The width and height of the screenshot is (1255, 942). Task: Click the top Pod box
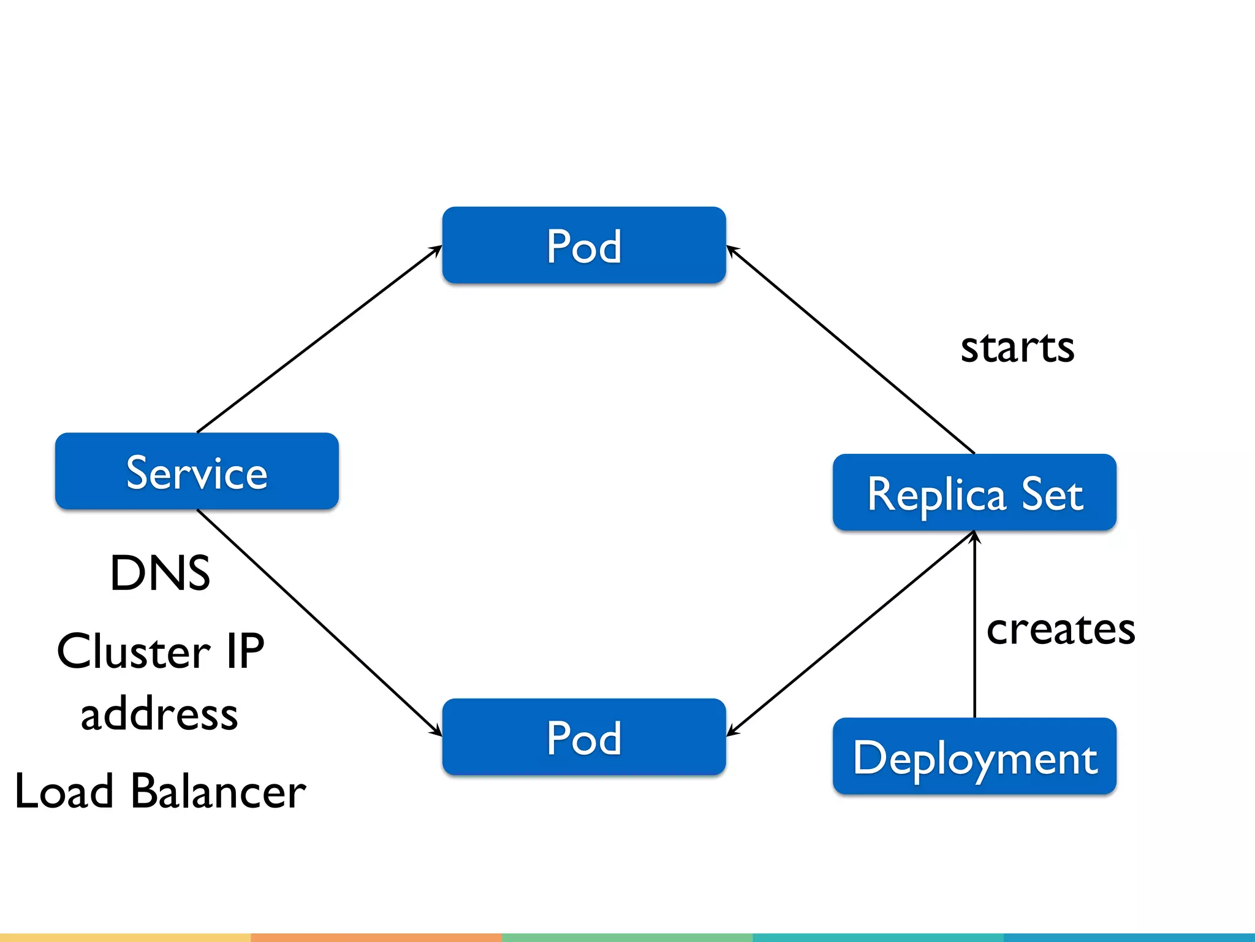(x=584, y=245)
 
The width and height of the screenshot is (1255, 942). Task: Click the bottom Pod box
(x=584, y=737)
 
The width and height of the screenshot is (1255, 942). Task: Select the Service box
(x=197, y=471)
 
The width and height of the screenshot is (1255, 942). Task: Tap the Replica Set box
(x=974, y=492)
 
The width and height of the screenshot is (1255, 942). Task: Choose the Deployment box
(x=974, y=756)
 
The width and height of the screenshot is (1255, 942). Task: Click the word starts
(x=1017, y=347)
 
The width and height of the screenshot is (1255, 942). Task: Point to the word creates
(x=1061, y=629)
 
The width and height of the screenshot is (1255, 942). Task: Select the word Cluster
(x=134, y=651)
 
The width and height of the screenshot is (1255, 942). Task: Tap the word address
(x=159, y=715)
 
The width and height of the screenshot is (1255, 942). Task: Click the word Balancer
(x=218, y=791)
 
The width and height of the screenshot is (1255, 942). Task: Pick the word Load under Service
(x=64, y=791)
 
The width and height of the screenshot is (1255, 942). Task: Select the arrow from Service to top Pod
(x=319, y=339)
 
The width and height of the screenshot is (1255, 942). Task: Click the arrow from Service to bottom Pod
(x=319, y=622)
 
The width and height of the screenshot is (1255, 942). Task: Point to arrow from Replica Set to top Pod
(x=850, y=350)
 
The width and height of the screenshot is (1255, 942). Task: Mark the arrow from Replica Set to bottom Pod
(x=850, y=634)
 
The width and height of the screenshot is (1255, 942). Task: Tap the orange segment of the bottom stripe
(x=376, y=937)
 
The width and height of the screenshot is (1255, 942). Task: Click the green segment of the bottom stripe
(x=627, y=937)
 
